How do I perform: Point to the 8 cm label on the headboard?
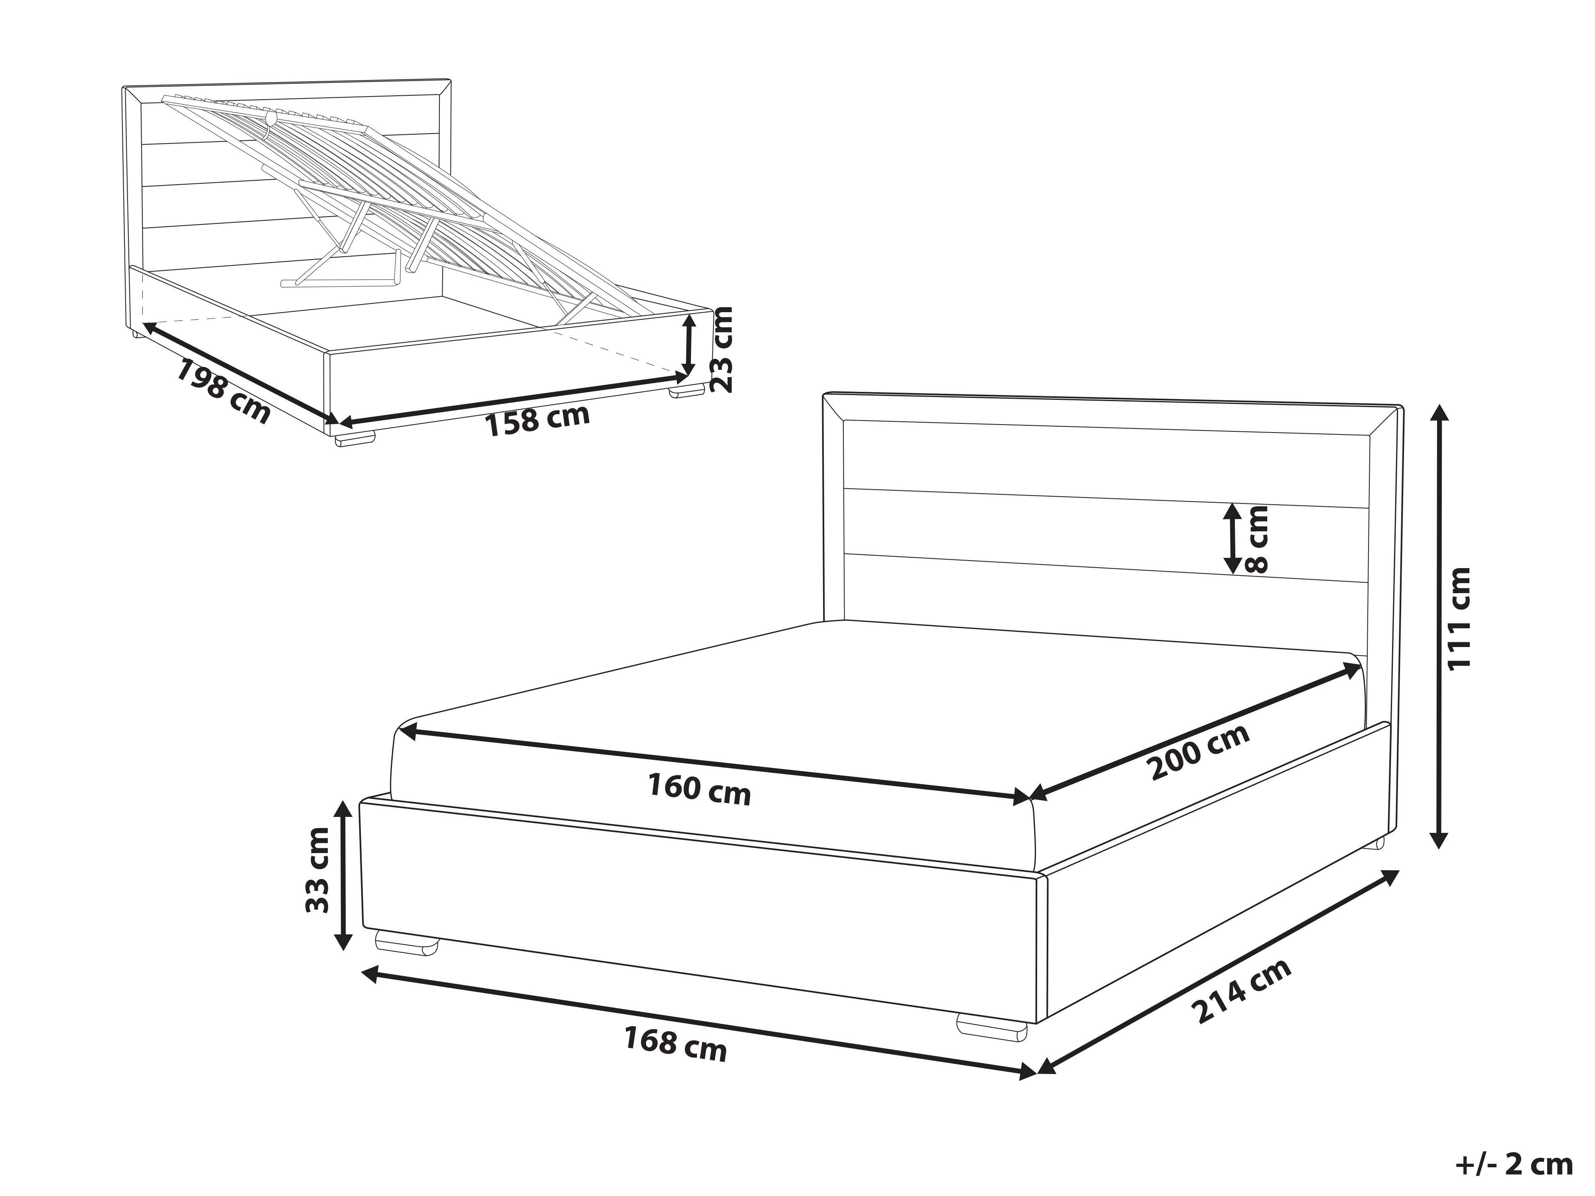click(x=1256, y=539)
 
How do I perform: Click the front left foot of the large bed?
click(x=408, y=943)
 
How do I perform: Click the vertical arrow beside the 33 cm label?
click(x=343, y=876)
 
